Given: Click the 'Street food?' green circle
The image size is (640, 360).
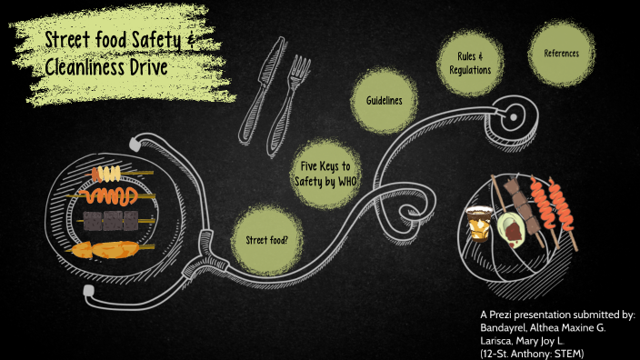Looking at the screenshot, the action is (x=267, y=240).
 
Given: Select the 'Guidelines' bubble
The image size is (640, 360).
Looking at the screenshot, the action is (x=385, y=100).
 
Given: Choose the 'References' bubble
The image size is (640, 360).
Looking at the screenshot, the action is (x=561, y=54).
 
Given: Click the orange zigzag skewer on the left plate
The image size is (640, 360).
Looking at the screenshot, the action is (x=109, y=195).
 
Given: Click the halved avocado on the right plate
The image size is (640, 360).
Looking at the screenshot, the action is (x=510, y=229).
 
